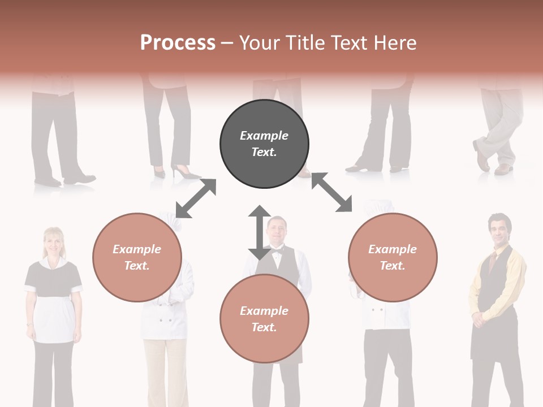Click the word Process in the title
pos(178,43)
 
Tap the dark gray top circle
pos(264,144)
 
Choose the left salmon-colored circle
pos(137,257)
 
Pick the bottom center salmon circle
pos(264,319)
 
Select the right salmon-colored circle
pos(393,257)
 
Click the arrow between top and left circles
pos(196,198)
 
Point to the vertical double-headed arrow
pos(260,232)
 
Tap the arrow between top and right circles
pos(332,192)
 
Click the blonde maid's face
pos(54,242)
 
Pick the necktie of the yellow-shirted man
pos(493,262)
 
